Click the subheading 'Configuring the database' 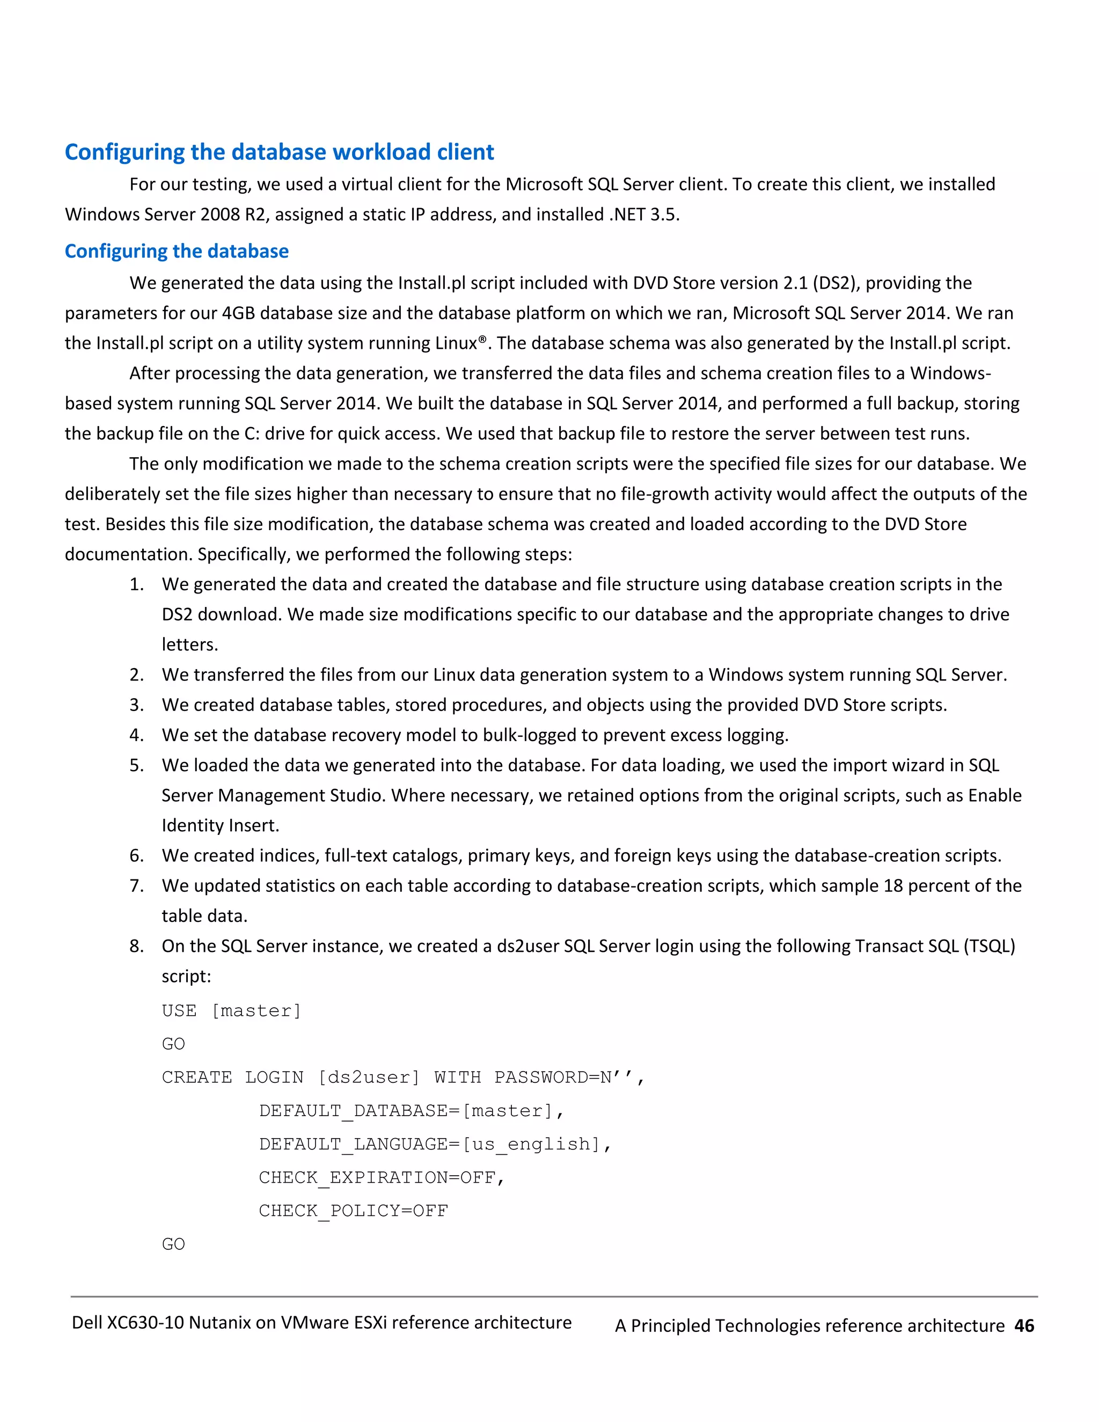pyautogui.click(x=177, y=251)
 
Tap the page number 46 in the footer pyautogui.click(x=1024, y=1325)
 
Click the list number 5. pyautogui.click(x=136, y=765)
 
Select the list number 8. pyautogui.click(x=136, y=946)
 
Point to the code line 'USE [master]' pyautogui.click(x=231, y=1010)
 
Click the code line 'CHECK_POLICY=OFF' pyautogui.click(x=354, y=1211)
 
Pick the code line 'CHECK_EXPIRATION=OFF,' pyautogui.click(x=382, y=1178)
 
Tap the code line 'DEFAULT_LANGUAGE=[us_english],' pyautogui.click(x=435, y=1144)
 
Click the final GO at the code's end pyautogui.click(x=173, y=1244)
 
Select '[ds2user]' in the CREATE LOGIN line pyautogui.click(x=369, y=1078)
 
